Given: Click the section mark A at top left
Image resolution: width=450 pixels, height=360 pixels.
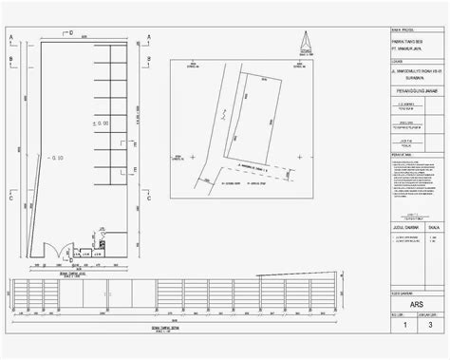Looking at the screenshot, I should point(10,38).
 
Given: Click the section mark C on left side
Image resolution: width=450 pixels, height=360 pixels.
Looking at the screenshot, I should point(10,200).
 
